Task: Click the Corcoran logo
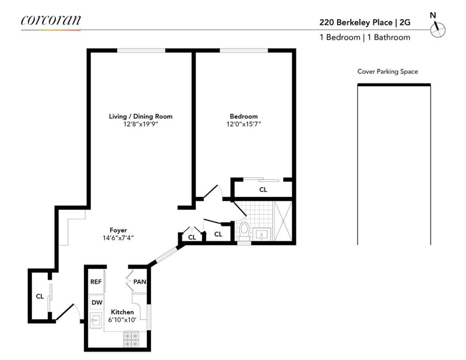pyautogui.click(x=51, y=20)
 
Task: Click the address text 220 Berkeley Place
pyautogui.click(x=356, y=22)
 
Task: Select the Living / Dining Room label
pyautogui.click(x=140, y=117)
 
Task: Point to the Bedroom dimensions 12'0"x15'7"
pyautogui.click(x=243, y=124)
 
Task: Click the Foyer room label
pyautogui.click(x=118, y=230)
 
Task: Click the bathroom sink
pyautogui.click(x=262, y=234)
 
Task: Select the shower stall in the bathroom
pyautogui.click(x=283, y=221)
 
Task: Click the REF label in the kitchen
pyautogui.click(x=96, y=281)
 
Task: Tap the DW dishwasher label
pyautogui.click(x=97, y=302)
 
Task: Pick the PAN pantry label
pyautogui.click(x=140, y=281)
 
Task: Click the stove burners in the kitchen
pyautogui.click(x=132, y=339)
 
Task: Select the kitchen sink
pyautogui.click(x=96, y=320)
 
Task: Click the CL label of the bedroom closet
pyautogui.click(x=263, y=189)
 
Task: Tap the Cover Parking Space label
pyautogui.click(x=387, y=71)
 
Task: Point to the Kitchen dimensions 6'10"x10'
pyautogui.click(x=122, y=320)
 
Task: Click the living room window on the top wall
pyautogui.click(x=141, y=51)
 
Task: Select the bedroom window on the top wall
pyautogui.click(x=244, y=51)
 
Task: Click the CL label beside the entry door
pyautogui.click(x=40, y=296)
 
